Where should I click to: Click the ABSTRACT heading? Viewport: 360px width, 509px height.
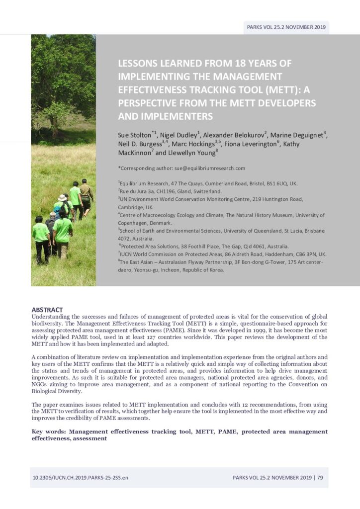(x=47, y=310)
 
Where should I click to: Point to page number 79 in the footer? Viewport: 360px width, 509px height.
(x=320, y=478)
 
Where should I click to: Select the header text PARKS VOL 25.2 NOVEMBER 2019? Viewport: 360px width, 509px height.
(x=286, y=27)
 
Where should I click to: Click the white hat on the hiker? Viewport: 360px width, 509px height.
(x=62, y=197)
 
